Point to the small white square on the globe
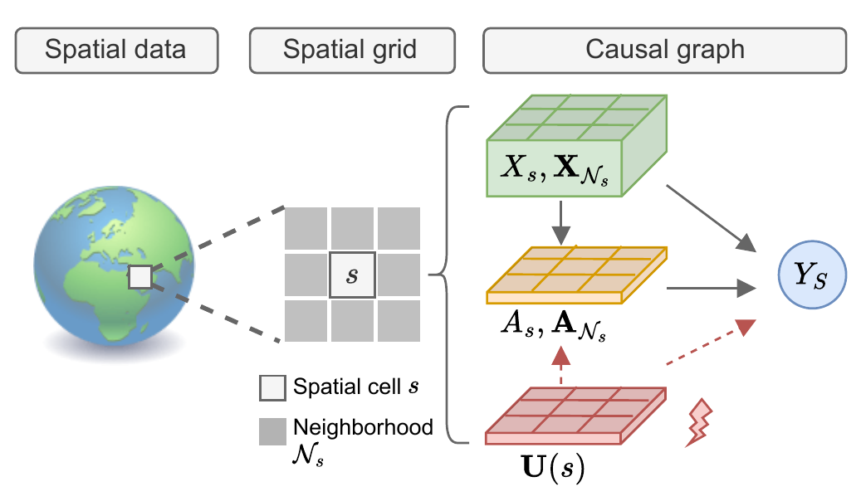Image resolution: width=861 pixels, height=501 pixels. point(140,276)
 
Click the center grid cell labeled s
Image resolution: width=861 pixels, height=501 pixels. point(353,275)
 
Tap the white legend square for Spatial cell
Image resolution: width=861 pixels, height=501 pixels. point(272,387)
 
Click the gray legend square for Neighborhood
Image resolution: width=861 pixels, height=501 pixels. point(272,430)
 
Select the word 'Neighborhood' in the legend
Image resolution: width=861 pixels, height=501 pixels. point(363,427)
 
